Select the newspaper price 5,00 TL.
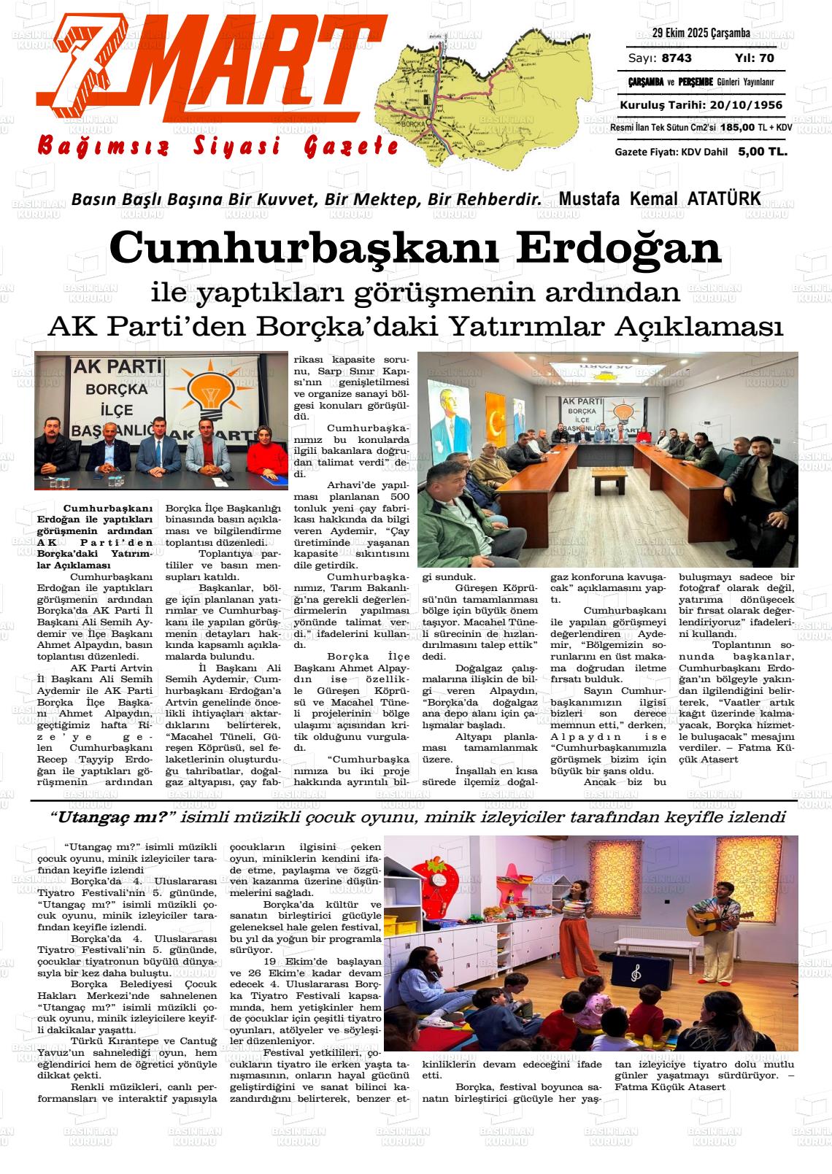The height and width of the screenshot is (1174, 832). click(763, 152)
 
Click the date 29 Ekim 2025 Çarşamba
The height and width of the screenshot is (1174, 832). click(701, 34)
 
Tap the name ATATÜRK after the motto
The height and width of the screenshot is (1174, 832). click(724, 198)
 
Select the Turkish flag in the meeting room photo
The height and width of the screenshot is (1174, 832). click(496, 420)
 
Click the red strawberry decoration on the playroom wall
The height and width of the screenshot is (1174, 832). click(436, 887)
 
